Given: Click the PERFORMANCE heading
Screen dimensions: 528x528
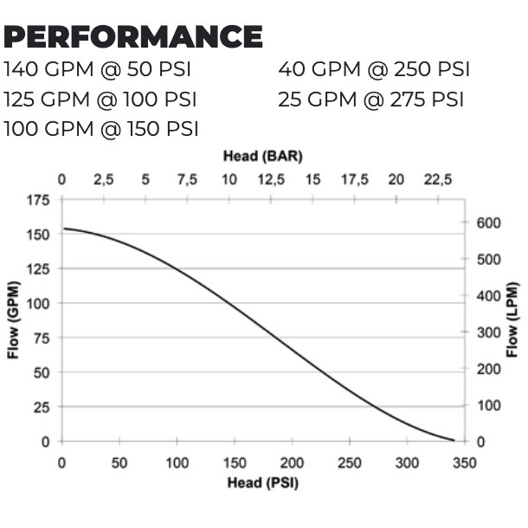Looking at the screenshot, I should click(133, 37).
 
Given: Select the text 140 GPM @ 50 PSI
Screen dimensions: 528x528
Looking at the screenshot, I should click(97, 69).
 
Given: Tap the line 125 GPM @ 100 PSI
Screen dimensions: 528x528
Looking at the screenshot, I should click(100, 99).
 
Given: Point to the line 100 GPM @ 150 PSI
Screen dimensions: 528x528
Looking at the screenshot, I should click(101, 129).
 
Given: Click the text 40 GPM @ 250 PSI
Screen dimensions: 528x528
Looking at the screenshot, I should click(374, 69).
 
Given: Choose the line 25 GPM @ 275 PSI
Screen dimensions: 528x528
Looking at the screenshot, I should click(371, 99).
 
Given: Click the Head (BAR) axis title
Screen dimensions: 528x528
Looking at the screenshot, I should click(262, 156).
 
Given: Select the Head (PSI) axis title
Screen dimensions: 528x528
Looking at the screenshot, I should click(262, 482).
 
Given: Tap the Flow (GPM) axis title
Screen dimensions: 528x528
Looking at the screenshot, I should click(14, 320).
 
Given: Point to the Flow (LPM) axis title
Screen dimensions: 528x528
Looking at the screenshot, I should click(512, 320).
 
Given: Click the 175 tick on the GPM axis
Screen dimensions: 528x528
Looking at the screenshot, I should click(39, 200).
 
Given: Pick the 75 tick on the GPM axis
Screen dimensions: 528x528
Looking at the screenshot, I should click(42, 338).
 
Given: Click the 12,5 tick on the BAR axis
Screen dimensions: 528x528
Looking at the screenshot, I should click(271, 180).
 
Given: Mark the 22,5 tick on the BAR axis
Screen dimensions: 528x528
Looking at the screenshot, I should click(438, 180).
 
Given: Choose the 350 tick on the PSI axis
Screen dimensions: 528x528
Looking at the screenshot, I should click(465, 463).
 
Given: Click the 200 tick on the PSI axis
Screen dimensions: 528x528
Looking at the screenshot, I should click(292, 463).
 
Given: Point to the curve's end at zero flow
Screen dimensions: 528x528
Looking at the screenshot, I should click(454, 441).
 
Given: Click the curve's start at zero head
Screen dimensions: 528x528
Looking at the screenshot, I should click(63, 229).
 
